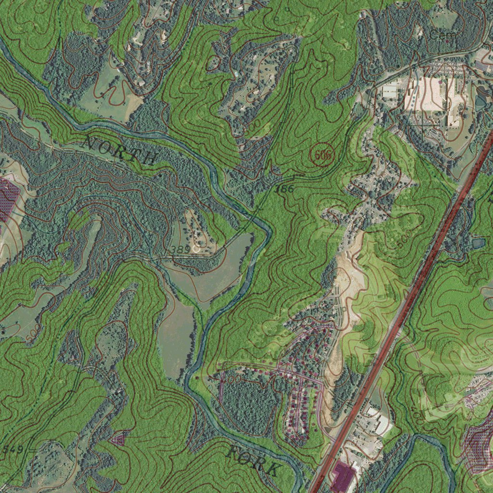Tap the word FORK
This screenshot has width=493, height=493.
(253, 460)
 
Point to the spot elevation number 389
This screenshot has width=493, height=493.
(180, 249)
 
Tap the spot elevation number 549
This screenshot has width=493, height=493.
(12, 450)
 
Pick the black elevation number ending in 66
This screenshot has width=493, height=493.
(284, 189)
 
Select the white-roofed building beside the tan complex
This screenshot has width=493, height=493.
(390, 91)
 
